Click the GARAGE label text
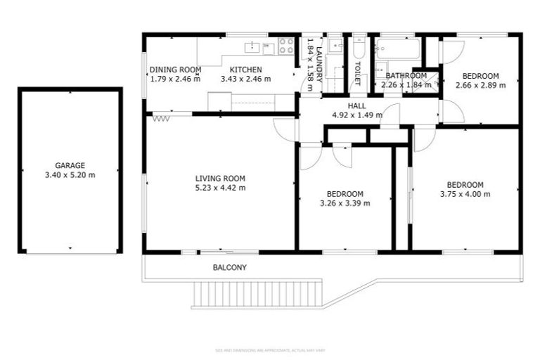(70, 165)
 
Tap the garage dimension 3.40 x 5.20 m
(70, 174)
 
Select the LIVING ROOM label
(219, 178)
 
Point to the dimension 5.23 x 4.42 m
(219, 188)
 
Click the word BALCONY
(230, 268)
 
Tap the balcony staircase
(259, 293)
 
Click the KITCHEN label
(245, 70)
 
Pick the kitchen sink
(252, 47)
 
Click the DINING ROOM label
(175, 70)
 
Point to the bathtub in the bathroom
(398, 49)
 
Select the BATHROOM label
(406, 76)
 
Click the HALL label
(357, 105)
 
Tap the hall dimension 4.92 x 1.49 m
(357, 115)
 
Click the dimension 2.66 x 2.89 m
(480, 86)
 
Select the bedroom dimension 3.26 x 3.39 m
(345, 203)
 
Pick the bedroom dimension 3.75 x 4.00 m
(465, 195)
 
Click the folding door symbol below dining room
(162, 117)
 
